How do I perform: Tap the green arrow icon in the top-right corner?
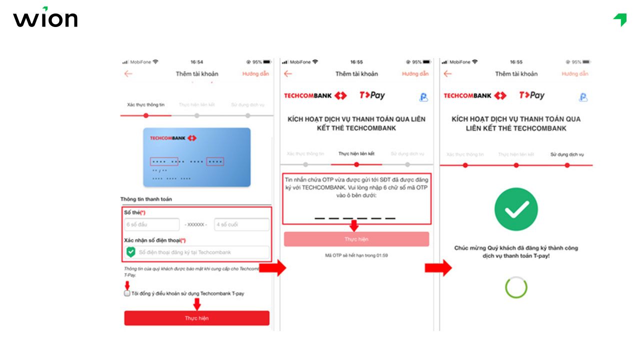coord(620,19)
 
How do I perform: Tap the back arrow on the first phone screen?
coord(128,74)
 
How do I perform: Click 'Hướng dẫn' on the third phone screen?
coord(574,74)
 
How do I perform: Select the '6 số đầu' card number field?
coord(152,224)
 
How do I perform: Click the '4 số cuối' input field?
coord(241,224)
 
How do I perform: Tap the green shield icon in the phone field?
coord(131,252)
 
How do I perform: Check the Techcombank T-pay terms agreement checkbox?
coord(127,293)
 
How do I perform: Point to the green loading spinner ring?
coord(516,287)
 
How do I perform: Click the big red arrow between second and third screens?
coord(437,268)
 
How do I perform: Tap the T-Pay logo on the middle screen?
coord(372,95)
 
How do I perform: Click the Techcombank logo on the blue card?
coord(173,138)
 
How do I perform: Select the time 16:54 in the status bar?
coord(196,62)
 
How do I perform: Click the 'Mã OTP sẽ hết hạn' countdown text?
coord(356,255)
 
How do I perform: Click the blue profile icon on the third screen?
coord(583,97)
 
